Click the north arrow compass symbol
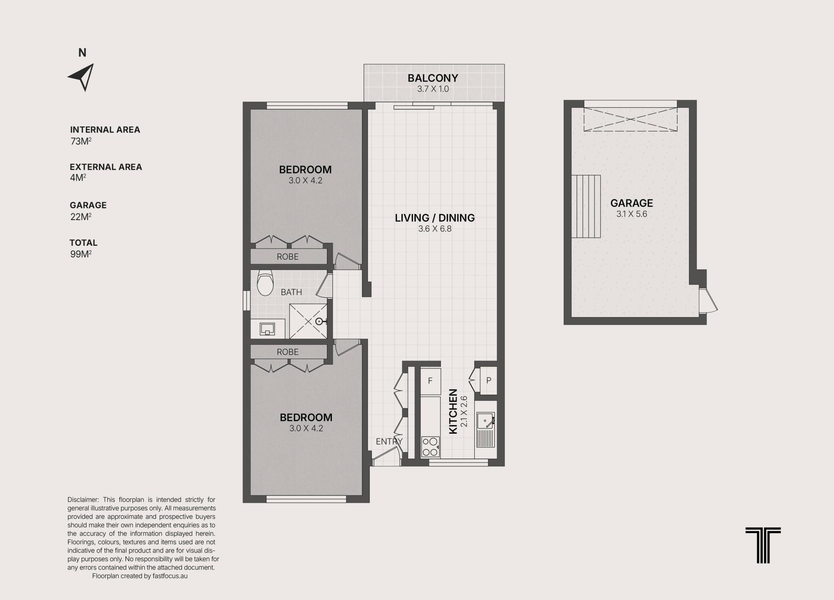(x=83, y=77)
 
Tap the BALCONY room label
(x=433, y=78)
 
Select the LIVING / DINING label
(x=435, y=218)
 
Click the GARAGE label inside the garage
(x=632, y=203)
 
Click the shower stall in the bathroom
(x=308, y=321)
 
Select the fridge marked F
(x=430, y=381)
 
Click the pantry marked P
(x=488, y=381)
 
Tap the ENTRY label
(x=389, y=442)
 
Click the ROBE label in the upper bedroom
(x=288, y=257)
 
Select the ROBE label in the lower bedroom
(x=288, y=352)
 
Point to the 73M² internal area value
(x=81, y=141)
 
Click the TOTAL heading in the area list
(x=83, y=243)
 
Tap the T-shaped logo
(x=763, y=545)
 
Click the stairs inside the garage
(x=586, y=206)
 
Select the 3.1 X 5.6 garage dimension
(x=632, y=214)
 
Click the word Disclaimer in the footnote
(x=83, y=500)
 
